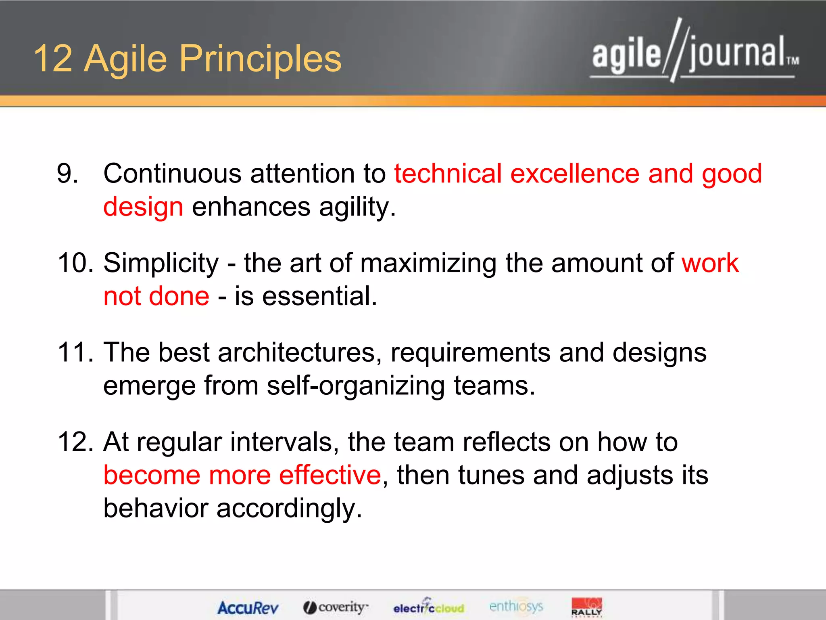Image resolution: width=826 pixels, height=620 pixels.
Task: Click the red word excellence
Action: [574, 174]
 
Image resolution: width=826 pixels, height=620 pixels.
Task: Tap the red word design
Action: [143, 207]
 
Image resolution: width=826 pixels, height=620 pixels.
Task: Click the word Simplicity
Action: [161, 263]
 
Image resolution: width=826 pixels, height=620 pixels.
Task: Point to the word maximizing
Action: [428, 263]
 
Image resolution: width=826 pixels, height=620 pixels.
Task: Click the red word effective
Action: [330, 475]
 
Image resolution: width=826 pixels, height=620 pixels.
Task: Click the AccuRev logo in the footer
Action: [248, 607]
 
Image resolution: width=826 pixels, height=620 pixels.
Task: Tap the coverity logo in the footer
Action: [336, 607]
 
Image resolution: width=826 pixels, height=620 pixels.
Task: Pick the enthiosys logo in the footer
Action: [516, 606]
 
